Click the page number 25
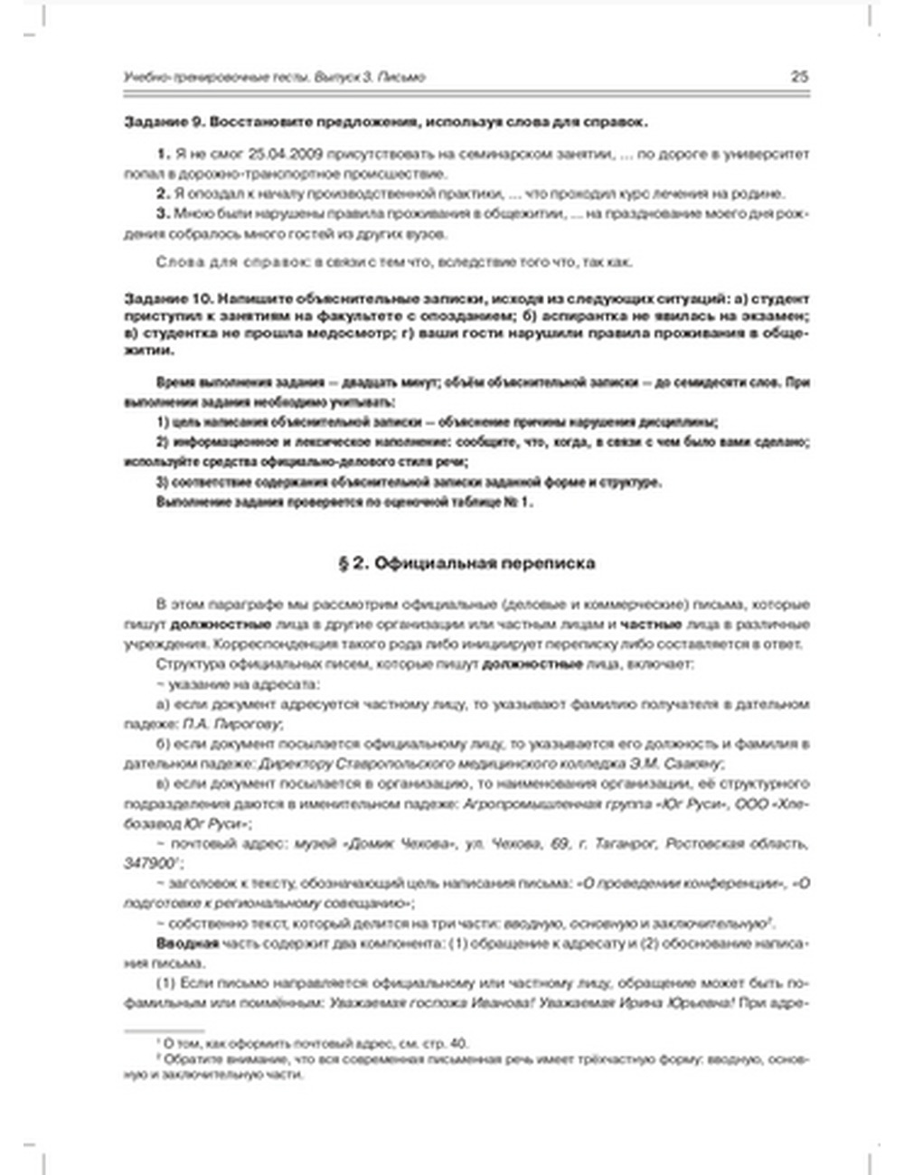click(x=799, y=77)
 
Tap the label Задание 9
click(x=159, y=122)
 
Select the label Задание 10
click(x=164, y=298)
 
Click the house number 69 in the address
click(x=560, y=843)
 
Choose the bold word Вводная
click(x=187, y=943)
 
